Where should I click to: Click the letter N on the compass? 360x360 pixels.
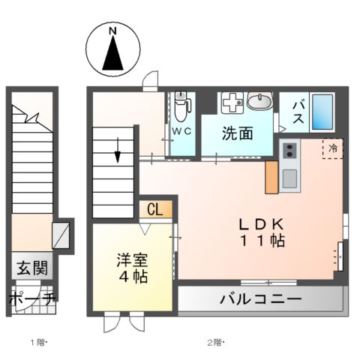point(112,31)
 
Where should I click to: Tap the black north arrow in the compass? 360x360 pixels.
point(112,54)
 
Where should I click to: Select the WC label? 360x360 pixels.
point(181,130)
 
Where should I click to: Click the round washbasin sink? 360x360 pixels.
point(259,103)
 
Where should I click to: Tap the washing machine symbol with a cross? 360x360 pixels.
point(232,102)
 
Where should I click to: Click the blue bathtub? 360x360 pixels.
point(322,112)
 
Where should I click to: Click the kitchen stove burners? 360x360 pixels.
point(289,151)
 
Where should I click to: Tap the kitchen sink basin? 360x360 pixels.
point(289,178)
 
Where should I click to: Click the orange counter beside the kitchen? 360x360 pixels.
point(271,177)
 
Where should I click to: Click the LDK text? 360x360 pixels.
point(262,224)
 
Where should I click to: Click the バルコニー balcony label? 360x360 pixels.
point(260,299)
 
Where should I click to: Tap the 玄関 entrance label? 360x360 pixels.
point(32,268)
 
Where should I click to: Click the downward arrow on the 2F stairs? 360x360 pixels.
point(118,151)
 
